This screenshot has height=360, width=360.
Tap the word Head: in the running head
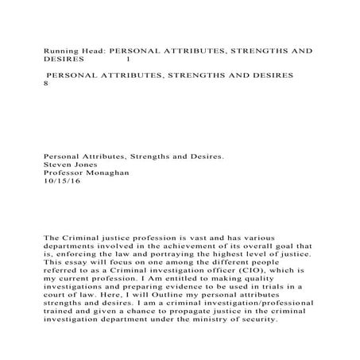93,49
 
